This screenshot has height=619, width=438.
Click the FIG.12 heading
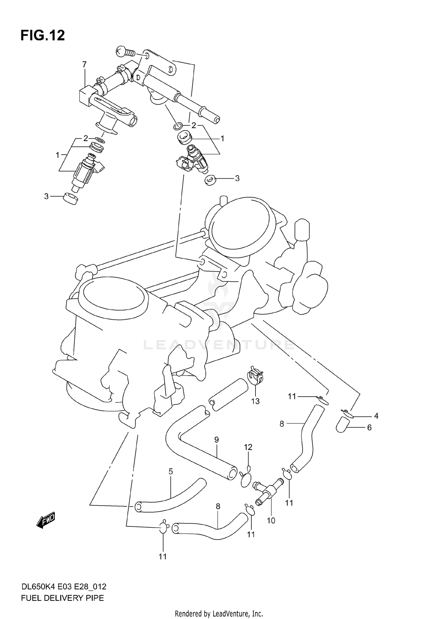click(x=43, y=36)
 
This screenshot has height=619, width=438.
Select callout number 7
click(x=84, y=64)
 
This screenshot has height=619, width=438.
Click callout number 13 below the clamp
click(x=255, y=401)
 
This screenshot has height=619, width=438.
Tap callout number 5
click(x=171, y=471)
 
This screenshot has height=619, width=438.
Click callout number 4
click(x=376, y=416)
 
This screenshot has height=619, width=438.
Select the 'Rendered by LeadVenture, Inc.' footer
click(x=219, y=613)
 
